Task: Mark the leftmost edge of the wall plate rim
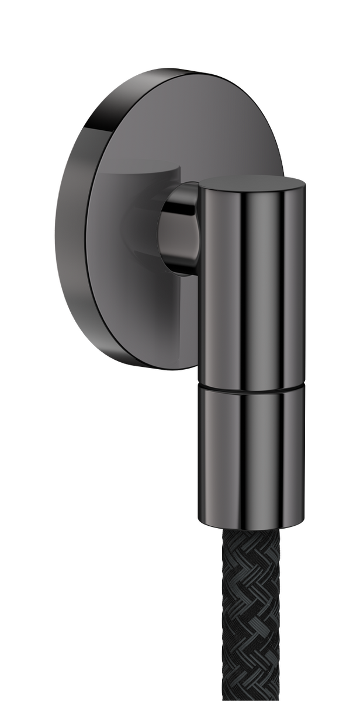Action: [x=56, y=222]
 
